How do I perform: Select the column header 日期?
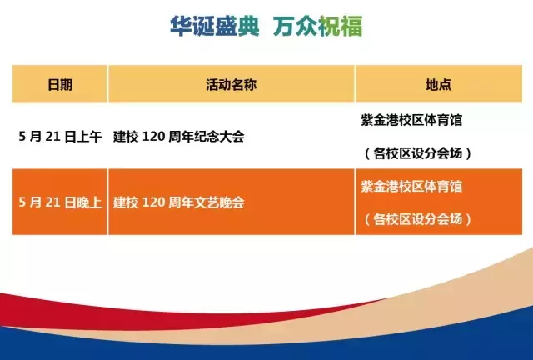click(x=60, y=85)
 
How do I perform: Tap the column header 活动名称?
click(x=231, y=85)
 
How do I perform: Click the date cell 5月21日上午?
click(x=60, y=137)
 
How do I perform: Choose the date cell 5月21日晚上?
click(x=60, y=202)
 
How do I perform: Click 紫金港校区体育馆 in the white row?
click(x=411, y=120)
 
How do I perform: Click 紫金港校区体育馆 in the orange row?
click(x=411, y=186)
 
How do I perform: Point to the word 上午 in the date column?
click(x=88, y=137)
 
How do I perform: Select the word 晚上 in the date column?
click(x=88, y=202)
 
